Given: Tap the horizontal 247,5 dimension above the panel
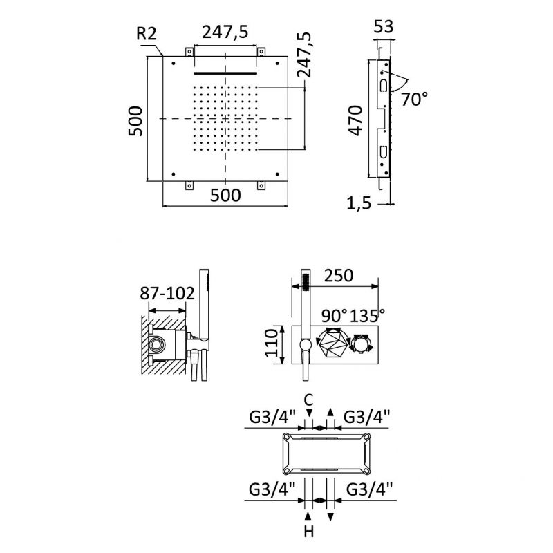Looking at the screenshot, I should point(225,32).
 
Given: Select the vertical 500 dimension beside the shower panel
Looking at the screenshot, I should point(136,120).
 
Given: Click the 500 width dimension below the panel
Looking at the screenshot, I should point(225,196).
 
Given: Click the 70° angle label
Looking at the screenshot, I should point(414,99).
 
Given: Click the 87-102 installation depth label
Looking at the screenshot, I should point(167,293).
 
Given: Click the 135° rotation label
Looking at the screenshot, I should point(368,315).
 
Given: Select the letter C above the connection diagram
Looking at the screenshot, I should point(309,399).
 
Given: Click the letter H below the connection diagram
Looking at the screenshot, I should point(309,532).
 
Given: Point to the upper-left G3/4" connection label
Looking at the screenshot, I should point(272,416).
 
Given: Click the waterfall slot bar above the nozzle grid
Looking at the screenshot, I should point(225,71).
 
